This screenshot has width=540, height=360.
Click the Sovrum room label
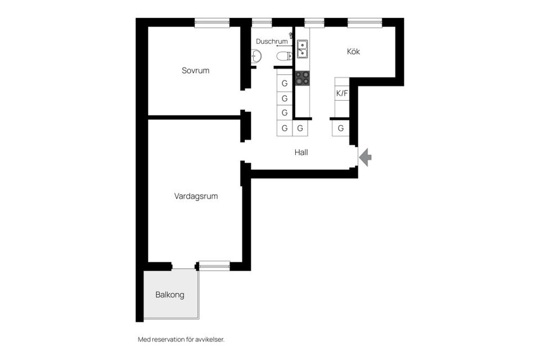tap(195, 71)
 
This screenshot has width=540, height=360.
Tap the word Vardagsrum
tap(196, 196)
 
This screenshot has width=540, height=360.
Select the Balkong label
tap(170, 295)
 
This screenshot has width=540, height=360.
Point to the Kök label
tap(353, 51)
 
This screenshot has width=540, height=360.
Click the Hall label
tap(301, 152)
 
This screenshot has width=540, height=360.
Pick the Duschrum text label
tap(272, 41)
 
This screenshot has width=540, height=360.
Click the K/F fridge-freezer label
tap(342, 93)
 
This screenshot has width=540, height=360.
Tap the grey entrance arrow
tap(365, 157)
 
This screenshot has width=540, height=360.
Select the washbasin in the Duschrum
tap(256, 56)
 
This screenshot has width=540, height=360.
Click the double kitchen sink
tap(303, 49)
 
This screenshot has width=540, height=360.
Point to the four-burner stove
tap(303, 78)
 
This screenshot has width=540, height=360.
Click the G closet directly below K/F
tap(341, 128)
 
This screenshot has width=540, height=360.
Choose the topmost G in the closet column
tap(285, 83)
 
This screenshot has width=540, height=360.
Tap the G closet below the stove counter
tap(300, 128)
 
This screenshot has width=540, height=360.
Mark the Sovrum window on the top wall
tap(212, 23)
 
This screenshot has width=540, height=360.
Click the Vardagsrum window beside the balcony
tap(214, 265)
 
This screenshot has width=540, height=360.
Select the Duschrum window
tap(262, 23)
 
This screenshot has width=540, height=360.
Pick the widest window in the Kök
tap(364, 23)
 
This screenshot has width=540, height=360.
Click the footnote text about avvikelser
tap(181, 340)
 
